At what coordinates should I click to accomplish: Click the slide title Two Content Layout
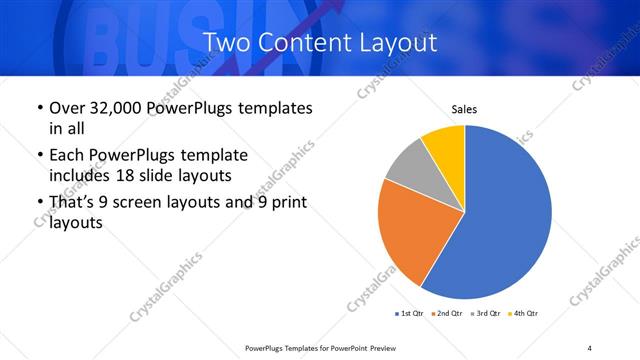(319, 42)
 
